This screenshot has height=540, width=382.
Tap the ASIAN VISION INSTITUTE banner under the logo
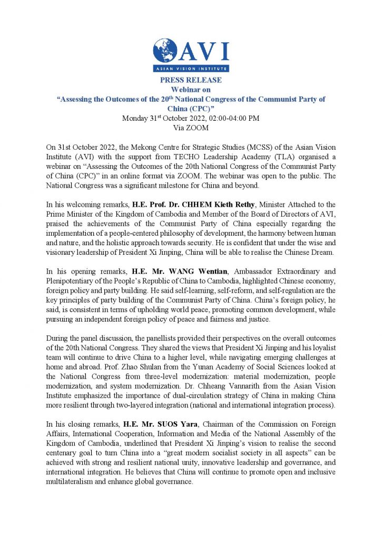tap(191, 69)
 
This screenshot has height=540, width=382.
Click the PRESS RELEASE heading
tap(191, 80)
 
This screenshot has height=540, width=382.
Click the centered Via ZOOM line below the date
tap(191, 128)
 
